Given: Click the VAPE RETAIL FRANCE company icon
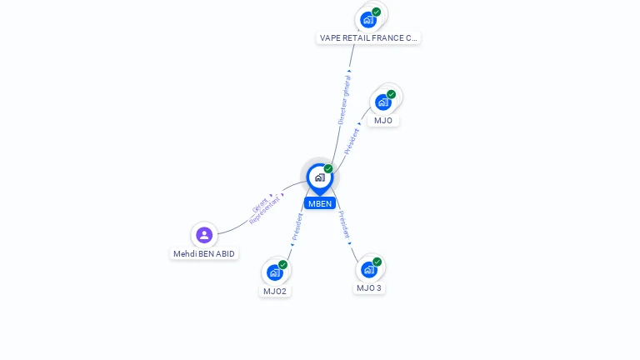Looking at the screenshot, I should tap(367, 19).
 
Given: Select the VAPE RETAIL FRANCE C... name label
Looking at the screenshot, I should tap(368, 37).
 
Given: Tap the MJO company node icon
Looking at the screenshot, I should tap(382, 102).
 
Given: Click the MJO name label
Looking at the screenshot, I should tap(383, 120).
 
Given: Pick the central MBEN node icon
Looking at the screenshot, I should tap(319, 177).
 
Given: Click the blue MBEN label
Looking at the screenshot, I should tap(319, 203).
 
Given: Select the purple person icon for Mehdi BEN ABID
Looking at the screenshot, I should tap(204, 235).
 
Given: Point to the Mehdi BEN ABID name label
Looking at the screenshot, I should tap(204, 253).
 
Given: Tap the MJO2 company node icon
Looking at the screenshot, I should tap(274, 272).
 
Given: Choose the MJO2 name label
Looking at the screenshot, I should tap(275, 291).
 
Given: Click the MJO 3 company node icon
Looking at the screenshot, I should tap(369, 269).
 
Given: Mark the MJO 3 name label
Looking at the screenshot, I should tap(369, 287).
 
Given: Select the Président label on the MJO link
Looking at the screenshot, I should tap(352, 140).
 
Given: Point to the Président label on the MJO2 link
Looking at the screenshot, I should tap(297, 227).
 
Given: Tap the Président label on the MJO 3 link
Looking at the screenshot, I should tap(344, 225).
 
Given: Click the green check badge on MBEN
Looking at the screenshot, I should tap(328, 168).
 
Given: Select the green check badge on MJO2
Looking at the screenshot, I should tap(283, 264).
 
